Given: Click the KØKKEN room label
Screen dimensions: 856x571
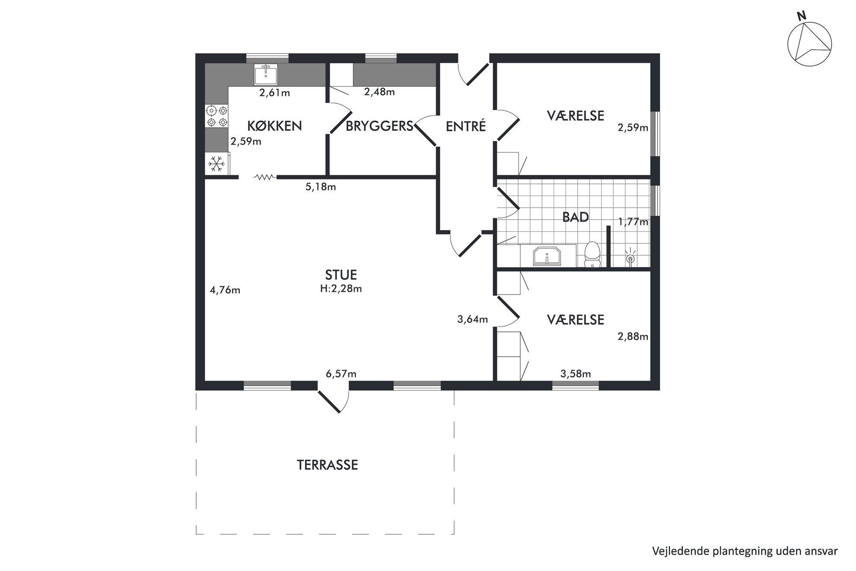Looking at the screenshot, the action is (x=274, y=126).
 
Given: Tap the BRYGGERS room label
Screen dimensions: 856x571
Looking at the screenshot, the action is (x=380, y=126).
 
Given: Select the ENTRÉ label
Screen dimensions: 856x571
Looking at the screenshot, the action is (x=466, y=126).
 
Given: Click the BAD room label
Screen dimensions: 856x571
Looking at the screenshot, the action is (x=576, y=217).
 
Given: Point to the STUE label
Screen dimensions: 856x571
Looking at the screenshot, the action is (x=341, y=275).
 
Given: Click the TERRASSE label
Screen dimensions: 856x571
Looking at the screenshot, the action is (x=327, y=465).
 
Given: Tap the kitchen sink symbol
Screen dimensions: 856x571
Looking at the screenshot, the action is (x=266, y=74).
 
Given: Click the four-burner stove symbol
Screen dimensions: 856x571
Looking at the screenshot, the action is (x=217, y=117).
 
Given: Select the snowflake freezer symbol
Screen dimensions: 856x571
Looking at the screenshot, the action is (x=217, y=164).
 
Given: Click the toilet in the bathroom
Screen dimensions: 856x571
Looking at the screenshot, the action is (x=592, y=255).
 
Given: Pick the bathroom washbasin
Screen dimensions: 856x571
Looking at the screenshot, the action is (x=547, y=256).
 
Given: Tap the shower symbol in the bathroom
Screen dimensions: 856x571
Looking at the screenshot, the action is (x=630, y=257).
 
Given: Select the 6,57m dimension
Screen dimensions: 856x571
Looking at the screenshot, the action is (x=341, y=374).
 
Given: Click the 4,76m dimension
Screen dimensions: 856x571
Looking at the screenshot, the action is (x=225, y=290).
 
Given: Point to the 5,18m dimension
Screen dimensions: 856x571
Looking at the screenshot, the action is (x=321, y=187).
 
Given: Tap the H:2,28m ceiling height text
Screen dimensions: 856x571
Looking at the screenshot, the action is (x=341, y=289).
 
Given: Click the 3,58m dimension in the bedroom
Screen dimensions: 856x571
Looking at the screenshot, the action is (x=576, y=374).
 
